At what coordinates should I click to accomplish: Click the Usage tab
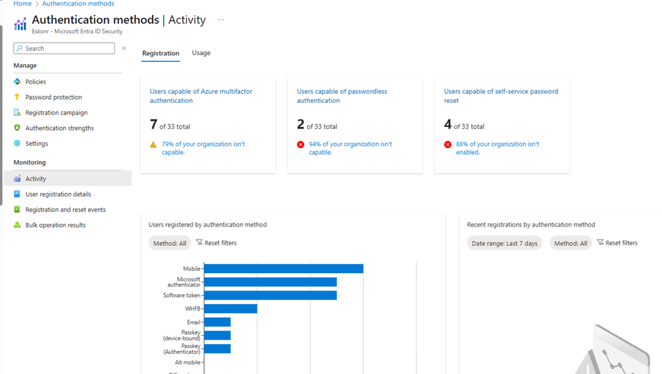pos(201,53)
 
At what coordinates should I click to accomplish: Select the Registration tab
pos(160,53)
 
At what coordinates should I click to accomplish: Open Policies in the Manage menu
pos(36,82)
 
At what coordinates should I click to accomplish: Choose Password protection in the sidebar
pos(54,97)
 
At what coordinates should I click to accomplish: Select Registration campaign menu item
pos(56,113)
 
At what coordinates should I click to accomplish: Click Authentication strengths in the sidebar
pos(59,128)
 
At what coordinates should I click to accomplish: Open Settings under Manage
pos(36,144)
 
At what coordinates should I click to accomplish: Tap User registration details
pos(58,194)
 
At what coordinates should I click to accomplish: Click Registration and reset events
pos(65,210)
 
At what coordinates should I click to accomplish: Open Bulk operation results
pos(56,225)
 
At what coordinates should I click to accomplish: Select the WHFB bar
pos(231,309)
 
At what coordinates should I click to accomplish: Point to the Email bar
pos(217,322)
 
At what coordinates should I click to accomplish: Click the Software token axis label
pos(182,296)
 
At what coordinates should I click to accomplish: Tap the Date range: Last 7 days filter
pos(504,243)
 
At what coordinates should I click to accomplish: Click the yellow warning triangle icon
pos(153,144)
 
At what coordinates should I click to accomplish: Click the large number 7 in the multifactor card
pos(154,124)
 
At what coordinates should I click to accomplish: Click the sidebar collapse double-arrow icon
pos(124,49)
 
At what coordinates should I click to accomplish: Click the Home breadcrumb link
pos(23,4)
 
